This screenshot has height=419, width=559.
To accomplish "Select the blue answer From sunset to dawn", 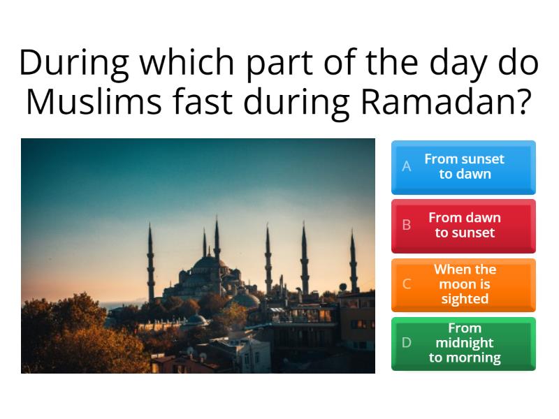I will (x=463, y=167).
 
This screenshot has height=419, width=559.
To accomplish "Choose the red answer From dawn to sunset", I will (x=463, y=226).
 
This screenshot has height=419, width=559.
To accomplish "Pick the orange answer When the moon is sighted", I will (x=463, y=284).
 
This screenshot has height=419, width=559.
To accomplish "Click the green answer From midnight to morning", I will (x=463, y=343).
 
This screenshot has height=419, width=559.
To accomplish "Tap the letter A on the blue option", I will (x=407, y=167).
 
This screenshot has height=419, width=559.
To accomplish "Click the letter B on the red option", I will (x=407, y=226).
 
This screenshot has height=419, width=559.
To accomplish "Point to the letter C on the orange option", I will (x=407, y=284).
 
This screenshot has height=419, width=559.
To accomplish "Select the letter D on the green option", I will (x=407, y=343).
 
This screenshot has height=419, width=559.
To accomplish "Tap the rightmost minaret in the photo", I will (x=353, y=262).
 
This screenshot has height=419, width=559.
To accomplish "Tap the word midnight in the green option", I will (x=465, y=343).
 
